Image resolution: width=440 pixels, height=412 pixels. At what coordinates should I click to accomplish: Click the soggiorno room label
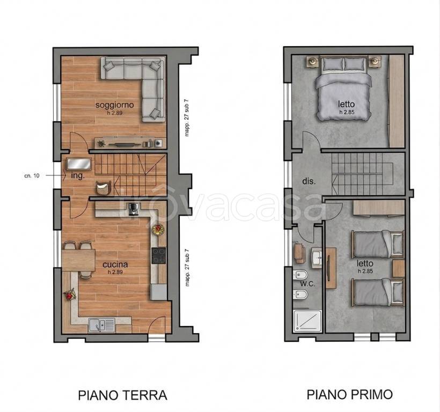point(114,105)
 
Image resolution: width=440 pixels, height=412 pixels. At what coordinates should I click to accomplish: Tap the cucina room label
point(115,264)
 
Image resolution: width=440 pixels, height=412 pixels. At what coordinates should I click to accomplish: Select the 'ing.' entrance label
point(78,176)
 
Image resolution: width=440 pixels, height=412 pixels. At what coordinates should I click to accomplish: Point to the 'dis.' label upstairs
point(309,181)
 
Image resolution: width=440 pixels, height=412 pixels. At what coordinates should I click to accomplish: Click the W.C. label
point(308,284)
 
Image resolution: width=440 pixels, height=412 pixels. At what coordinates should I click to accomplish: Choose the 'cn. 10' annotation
point(32,176)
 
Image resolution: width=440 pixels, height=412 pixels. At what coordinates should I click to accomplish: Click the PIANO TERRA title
point(123,395)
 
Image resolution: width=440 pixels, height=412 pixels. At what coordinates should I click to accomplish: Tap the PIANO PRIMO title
point(350,394)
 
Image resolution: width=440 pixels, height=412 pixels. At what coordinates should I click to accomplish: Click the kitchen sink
point(101,325)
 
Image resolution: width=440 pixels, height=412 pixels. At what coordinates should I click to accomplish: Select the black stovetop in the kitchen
point(159,255)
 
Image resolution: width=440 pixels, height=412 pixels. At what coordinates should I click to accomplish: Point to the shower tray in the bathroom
point(307,321)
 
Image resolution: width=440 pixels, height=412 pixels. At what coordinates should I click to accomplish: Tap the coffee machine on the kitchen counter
point(132,209)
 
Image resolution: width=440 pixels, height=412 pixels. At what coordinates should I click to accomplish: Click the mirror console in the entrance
point(79,164)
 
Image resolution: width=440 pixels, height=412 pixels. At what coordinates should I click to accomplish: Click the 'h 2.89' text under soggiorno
point(115,113)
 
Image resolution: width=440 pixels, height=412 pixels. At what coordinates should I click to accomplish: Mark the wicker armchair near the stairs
point(104,188)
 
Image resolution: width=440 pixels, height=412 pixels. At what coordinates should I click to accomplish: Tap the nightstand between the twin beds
point(398,268)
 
